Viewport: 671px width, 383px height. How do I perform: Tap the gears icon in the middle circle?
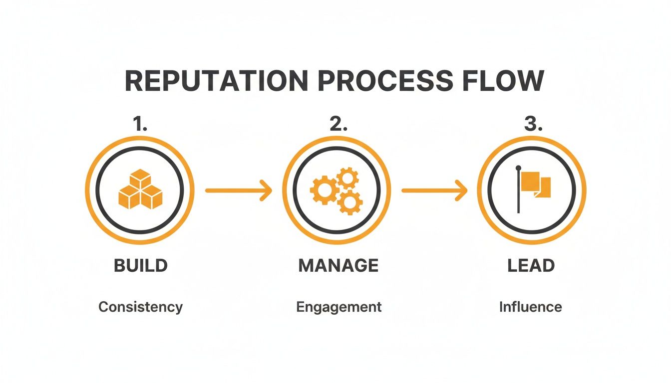pyautogui.click(x=336, y=190)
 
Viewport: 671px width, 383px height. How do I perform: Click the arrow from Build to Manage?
pyautogui.click(x=238, y=191)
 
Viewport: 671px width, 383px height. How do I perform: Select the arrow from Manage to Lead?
pyautogui.click(x=434, y=191)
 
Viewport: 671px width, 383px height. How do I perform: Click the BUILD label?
pyautogui.click(x=140, y=266)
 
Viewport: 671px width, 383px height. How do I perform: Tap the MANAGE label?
pyautogui.click(x=338, y=266)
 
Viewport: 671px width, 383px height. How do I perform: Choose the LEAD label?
pyautogui.click(x=531, y=266)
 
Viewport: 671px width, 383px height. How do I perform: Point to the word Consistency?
pyautogui.click(x=140, y=307)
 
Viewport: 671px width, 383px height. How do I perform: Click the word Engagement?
pyautogui.click(x=338, y=307)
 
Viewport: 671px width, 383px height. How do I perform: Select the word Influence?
pyautogui.click(x=530, y=307)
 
